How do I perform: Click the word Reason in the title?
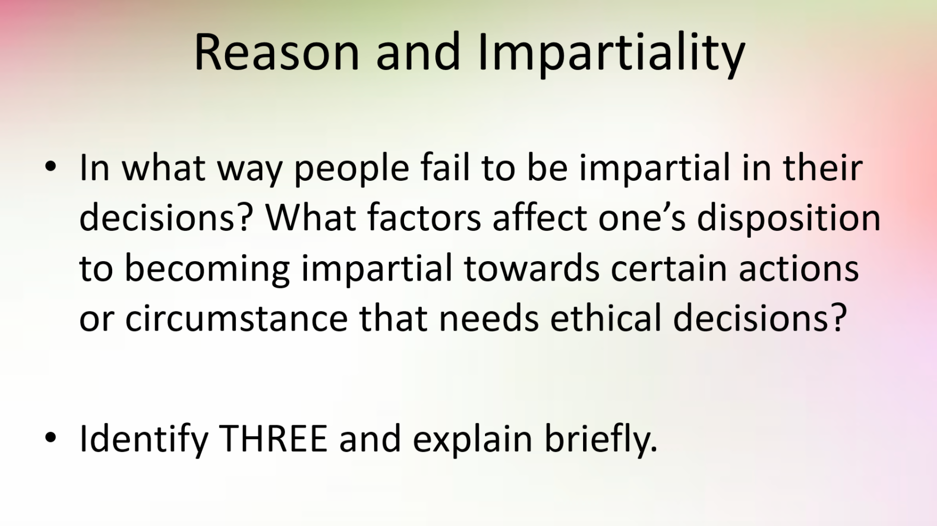277,52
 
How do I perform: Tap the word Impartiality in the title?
611,54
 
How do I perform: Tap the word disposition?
789,218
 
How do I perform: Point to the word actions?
799,268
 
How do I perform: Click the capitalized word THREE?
274,439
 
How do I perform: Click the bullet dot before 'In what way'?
51,167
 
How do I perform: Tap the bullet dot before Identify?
51,437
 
